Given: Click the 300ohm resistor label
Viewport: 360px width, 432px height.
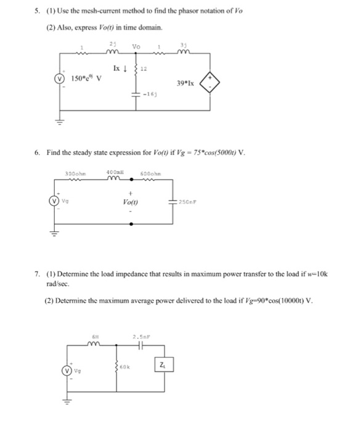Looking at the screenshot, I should tap(75, 173).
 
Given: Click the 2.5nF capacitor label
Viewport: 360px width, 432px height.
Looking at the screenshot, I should tap(141, 337).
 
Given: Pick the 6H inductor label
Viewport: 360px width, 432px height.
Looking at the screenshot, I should tap(94, 337).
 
